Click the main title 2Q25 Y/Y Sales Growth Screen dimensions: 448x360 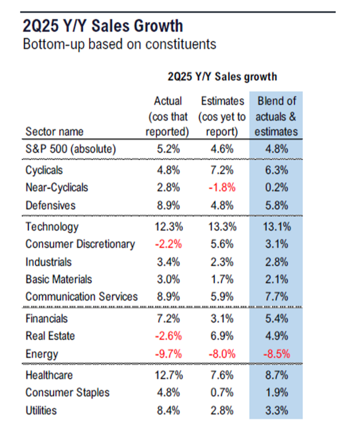pos(103,26)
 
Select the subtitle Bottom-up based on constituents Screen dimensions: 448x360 pos(119,45)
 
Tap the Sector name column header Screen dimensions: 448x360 pos(54,131)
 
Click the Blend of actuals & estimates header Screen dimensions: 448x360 pos(276,116)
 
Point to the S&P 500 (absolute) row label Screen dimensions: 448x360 pos(71,149)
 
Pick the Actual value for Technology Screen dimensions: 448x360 pos(168,227)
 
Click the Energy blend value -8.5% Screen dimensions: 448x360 pos(276,354)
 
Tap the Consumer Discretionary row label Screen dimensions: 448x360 pos(80,244)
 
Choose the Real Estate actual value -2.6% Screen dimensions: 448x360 pos(168,336)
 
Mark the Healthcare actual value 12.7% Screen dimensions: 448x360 pos(168,375)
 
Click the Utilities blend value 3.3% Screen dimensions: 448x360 pos(276,410)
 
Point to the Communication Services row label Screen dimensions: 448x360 pos(81,297)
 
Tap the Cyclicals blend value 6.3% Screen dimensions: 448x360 pos(276,170)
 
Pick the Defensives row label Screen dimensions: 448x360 pos(51,205)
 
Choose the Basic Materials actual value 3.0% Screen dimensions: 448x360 pos(168,279)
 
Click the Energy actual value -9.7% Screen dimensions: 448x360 pos(168,354)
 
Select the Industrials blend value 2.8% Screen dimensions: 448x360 pos(276,262)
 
